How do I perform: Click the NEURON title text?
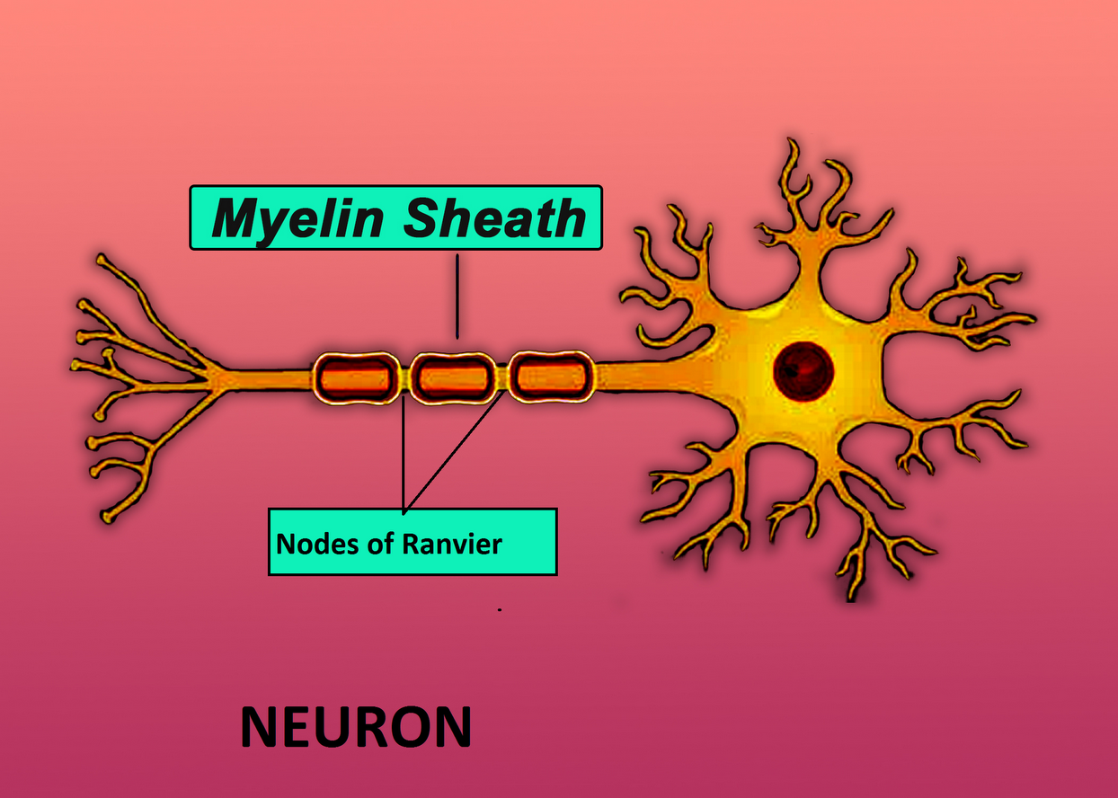click(x=356, y=728)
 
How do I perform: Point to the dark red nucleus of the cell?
click(x=803, y=369)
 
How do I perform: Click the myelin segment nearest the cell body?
click(x=549, y=377)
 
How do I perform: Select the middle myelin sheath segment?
click(x=452, y=377)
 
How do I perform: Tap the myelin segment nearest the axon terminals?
click(x=355, y=377)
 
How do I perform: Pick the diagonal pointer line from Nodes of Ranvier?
click(x=454, y=449)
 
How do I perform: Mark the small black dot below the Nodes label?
click(x=499, y=609)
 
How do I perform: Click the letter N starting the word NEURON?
click(x=259, y=728)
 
